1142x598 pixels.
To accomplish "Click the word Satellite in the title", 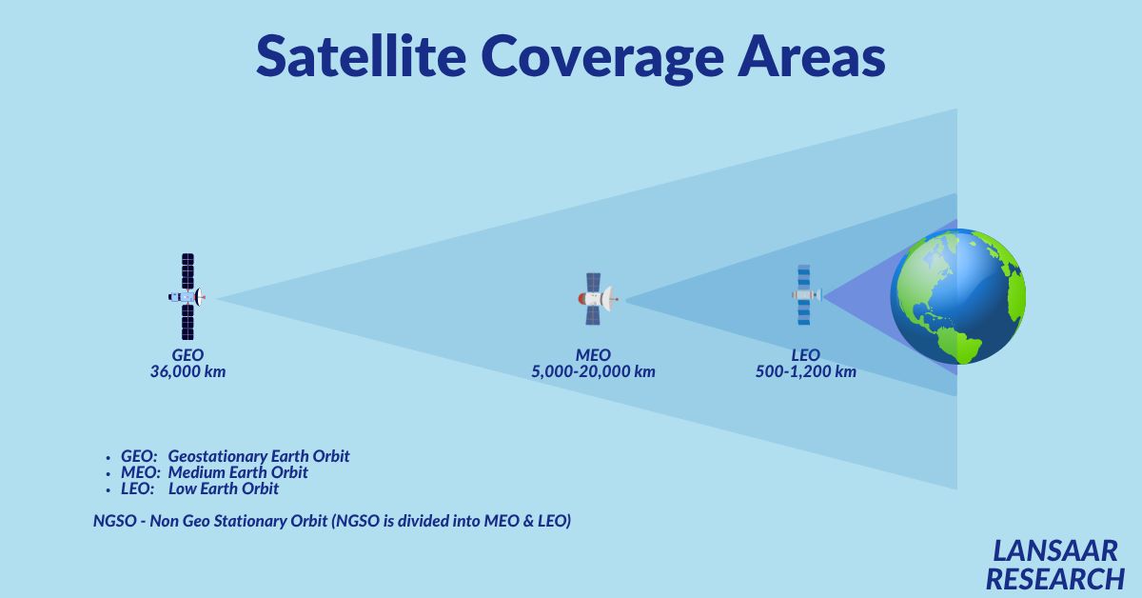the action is pos(361,55).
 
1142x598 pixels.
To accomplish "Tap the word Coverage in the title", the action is pos(602,59).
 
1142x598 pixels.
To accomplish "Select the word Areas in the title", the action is pos(812,55).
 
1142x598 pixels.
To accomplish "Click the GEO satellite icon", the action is pos(187,296).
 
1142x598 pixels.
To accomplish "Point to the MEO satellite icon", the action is pos(598,299).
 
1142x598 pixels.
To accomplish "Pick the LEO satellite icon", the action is pos(805,295).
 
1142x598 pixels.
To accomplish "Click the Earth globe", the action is pos(958,296).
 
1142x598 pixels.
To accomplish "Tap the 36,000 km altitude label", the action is pos(187,371).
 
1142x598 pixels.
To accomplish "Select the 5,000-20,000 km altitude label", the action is pos(593,371).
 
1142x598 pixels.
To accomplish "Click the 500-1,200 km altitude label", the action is pos(805,371).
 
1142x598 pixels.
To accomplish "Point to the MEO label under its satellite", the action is pos(593,354).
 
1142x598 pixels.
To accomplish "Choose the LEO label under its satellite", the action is pos(805,354).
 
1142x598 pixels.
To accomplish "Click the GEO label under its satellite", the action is pos(187,354).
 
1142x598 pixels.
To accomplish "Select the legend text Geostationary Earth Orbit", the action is pos(259,456).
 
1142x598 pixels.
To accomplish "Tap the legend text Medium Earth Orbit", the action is pos(238,472).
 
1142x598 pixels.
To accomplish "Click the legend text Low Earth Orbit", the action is pos(224,488).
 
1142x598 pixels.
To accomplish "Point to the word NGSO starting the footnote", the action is pos(115,521).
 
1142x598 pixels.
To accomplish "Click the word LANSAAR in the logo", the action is pos(1054,551).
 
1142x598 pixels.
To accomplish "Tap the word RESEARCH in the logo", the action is pos(1054,579).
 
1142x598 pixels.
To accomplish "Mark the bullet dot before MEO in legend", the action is pos(108,474).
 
